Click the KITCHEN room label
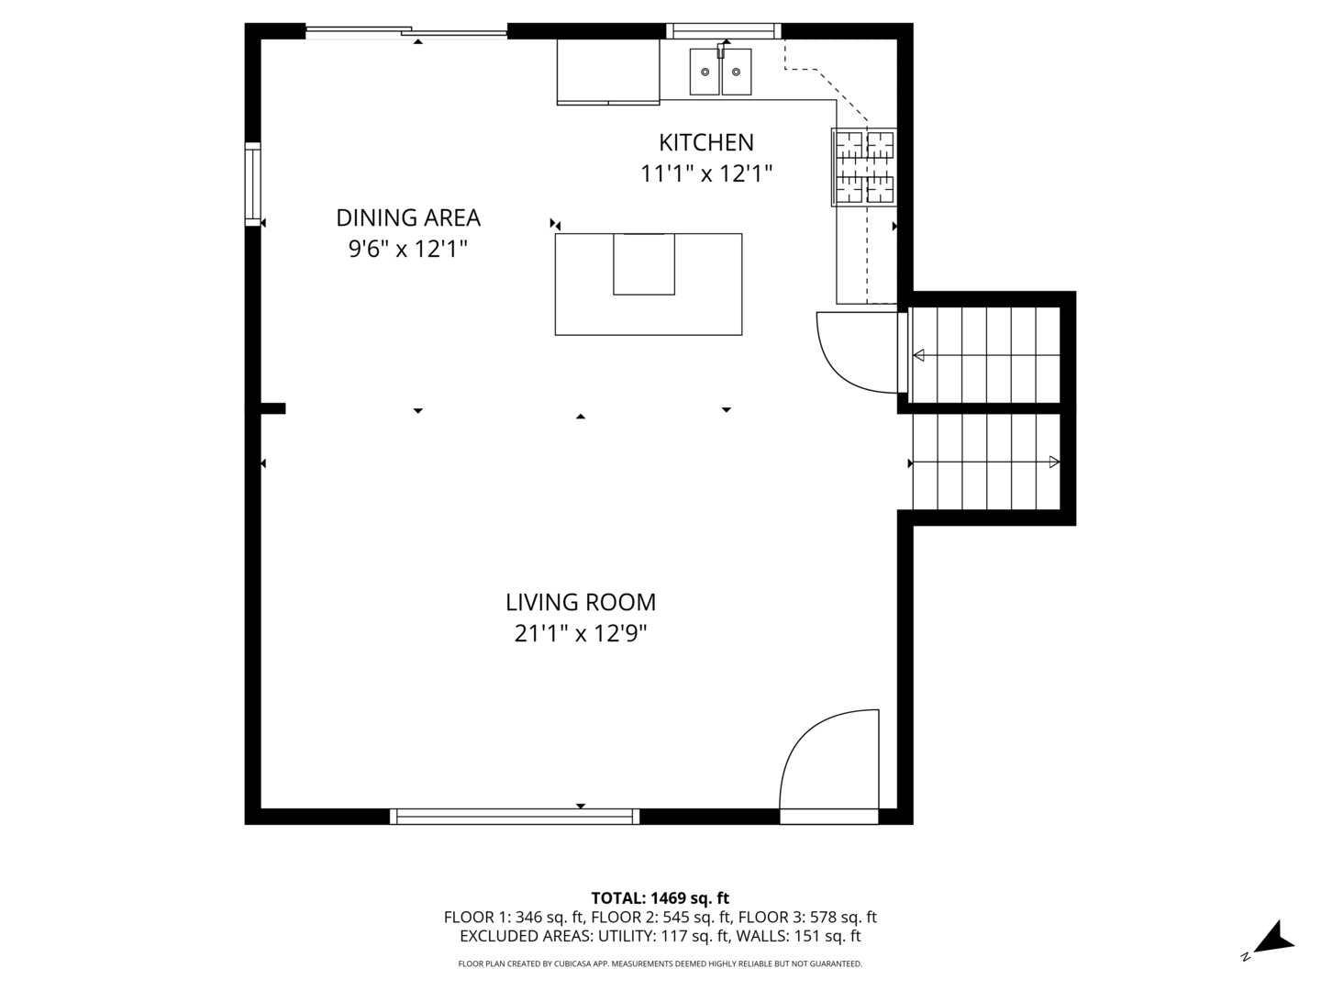pyautogui.click(x=705, y=142)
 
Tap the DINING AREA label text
pyautogui.click(x=408, y=217)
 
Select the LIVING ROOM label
pyautogui.click(x=581, y=602)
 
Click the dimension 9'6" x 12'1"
pyautogui.click(x=408, y=249)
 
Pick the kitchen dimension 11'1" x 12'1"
pyautogui.click(x=705, y=173)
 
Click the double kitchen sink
pyautogui.click(x=720, y=72)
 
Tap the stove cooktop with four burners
pyautogui.click(x=862, y=167)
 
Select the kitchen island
pyautogui.click(x=648, y=284)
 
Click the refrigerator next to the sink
pyautogui.click(x=607, y=72)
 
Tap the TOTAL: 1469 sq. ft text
pyautogui.click(x=660, y=898)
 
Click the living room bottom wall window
pyautogui.click(x=514, y=816)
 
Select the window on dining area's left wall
pyautogui.click(x=252, y=184)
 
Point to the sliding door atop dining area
pyautogui.click(x=405, y=33)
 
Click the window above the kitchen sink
pyautogui.click(x=724, y=31)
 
